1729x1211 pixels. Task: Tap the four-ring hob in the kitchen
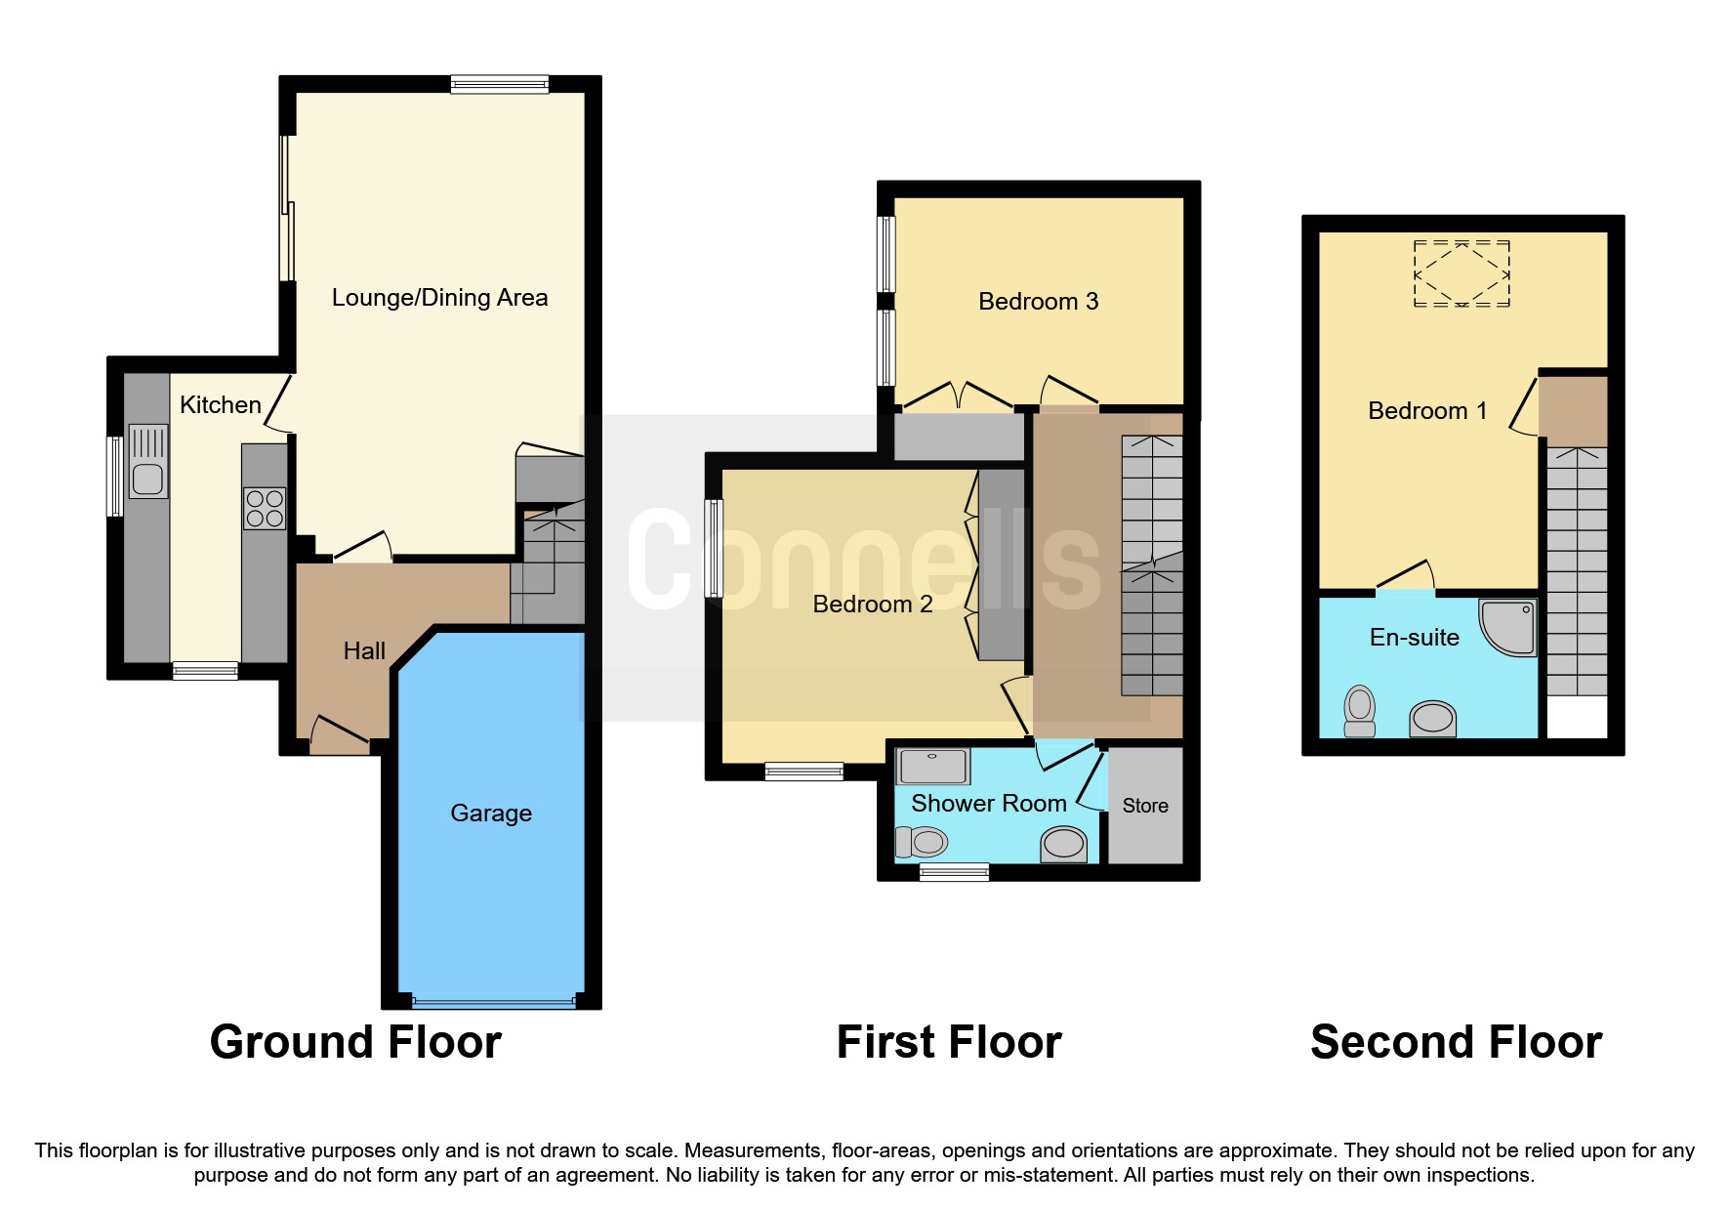[x=265, y=509]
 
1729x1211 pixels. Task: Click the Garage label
[x=491, y=813]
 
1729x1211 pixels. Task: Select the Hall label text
[x=364, y=650]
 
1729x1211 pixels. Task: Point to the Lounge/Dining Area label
[x=439, y=298]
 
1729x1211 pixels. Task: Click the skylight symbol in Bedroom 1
[x=1461, y=273]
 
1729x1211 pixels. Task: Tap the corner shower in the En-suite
[x=1510, y=626]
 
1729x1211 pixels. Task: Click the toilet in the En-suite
[x=1359, y=711]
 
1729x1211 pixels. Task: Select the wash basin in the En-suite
[x=1432, y=718]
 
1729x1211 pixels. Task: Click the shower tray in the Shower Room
[x=933, y=767]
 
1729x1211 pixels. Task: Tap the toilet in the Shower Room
[x=921, y=841]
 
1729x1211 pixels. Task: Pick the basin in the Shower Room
[x=1063, y=844]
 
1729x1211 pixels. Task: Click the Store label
[x=1145, y=806]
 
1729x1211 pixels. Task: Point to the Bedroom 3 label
[x=1038, y=302]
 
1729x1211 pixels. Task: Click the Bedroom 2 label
[x=872, y=605]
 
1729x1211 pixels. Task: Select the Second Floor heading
[x=1456, y=1042]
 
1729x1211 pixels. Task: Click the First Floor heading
[x=949, y=1042]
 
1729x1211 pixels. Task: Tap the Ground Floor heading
[x=355, y=1042]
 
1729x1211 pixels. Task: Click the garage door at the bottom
[x=493, y=1001]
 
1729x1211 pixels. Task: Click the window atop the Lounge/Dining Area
[x=499, y=85]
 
